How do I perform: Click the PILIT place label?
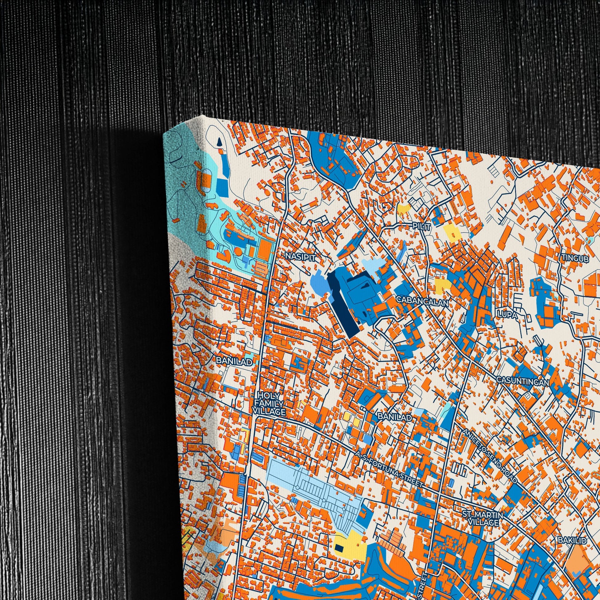tap(422, 227)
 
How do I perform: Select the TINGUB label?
tap(575, 258)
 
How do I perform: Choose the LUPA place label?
tap(508, 315)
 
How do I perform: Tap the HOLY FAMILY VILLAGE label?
tap(269, 404)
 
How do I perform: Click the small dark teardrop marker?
tap(219, 142)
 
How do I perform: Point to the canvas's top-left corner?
tap(164, 133)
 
